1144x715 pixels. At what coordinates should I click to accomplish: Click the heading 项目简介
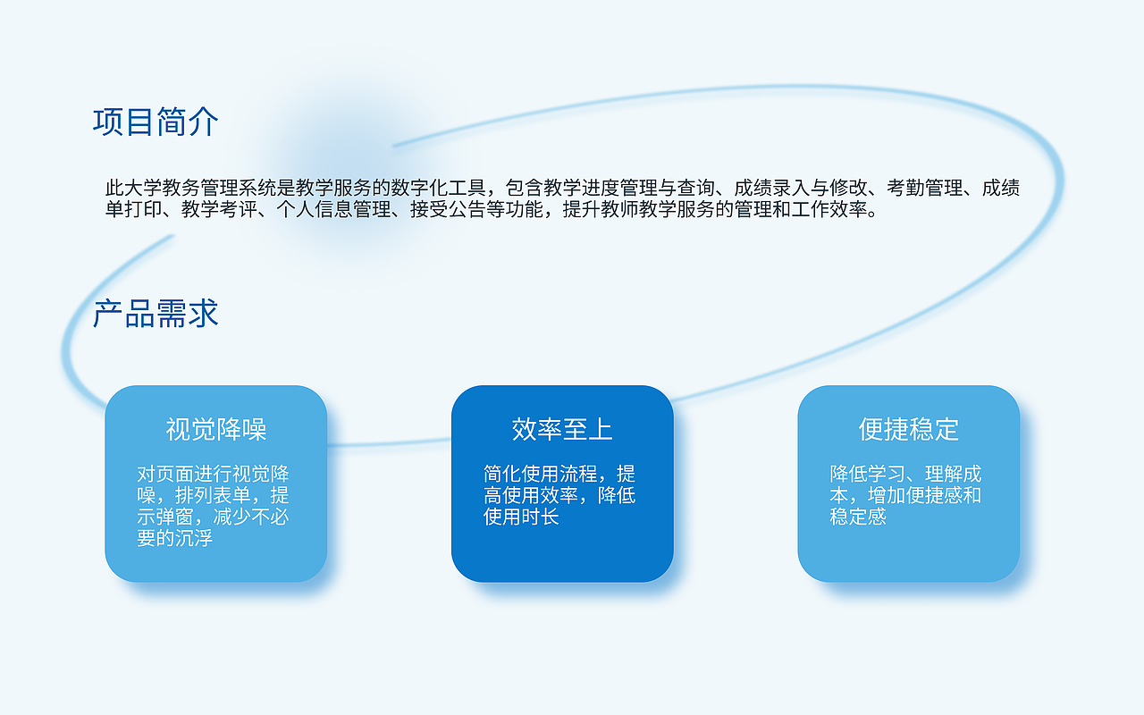(x=156, y=122)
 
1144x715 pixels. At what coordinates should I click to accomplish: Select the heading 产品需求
(x=156, y=315)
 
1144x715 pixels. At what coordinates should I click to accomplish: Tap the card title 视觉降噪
(x=216, y=430)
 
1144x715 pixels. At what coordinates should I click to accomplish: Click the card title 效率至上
(x=562, y=430)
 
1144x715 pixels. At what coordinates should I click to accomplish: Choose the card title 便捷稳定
(x=908, y=430)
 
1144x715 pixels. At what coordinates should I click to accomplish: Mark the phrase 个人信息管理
(x=332, y=211)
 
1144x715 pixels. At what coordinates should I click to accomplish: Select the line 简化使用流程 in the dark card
(x=541, y=475)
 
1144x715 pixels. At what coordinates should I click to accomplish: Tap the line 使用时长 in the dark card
(x=521, y=517)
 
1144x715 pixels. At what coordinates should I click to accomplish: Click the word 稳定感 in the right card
(x=858, y=517)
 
